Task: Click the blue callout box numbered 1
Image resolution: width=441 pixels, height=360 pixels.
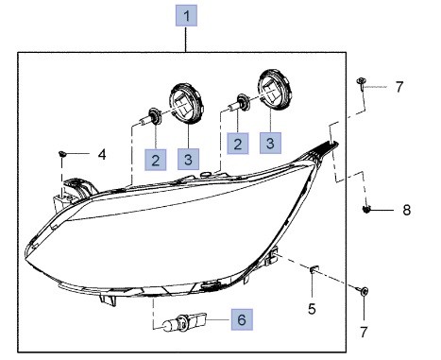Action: point(186,15)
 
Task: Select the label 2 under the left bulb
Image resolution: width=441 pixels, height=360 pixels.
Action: point(156,160)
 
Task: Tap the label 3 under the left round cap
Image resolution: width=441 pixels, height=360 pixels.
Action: point(188,160)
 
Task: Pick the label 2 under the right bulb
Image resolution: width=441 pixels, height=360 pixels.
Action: point(238,144)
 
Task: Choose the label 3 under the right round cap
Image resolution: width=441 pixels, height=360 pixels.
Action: point(270,143)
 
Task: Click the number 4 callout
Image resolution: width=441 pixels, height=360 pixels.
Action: point(102,155)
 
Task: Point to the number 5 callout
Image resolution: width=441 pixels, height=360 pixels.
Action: point(312,309)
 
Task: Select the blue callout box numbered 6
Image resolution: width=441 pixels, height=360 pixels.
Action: point(242,319)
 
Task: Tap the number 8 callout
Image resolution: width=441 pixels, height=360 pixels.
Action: point(407,210)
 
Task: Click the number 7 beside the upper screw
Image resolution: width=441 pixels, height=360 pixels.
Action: point(399,87)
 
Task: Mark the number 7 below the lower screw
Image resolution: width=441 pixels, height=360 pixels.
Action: point(364,332)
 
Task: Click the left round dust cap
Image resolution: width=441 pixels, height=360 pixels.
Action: point(185,103)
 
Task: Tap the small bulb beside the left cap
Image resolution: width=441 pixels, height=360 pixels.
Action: point(151,117)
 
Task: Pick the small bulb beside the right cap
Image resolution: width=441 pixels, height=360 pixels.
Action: point(240,103)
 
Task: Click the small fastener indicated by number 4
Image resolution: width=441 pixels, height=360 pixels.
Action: point(62,154)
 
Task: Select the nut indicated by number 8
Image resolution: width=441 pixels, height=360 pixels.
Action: point(366,209)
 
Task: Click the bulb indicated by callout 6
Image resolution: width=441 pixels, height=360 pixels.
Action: point(184,321)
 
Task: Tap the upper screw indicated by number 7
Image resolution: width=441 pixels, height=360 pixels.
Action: point(361,83)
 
